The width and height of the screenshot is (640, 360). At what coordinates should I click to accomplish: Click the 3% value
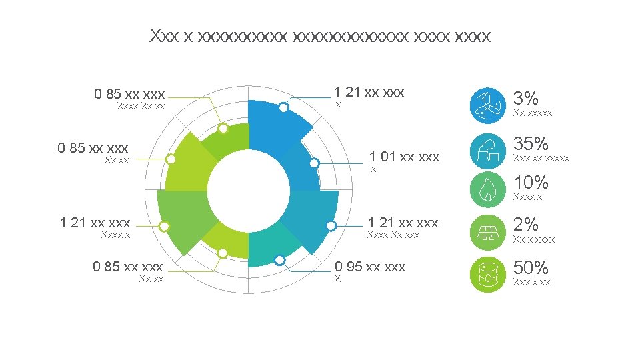click(x=525, y=99)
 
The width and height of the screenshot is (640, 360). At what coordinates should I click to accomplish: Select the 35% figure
click(x=531, y=143)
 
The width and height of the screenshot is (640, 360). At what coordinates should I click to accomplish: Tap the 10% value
click(x=531, y=182)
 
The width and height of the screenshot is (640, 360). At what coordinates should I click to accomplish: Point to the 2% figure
click(x=525, y=224)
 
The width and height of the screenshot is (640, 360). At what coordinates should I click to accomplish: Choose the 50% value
click(x=531, y=268)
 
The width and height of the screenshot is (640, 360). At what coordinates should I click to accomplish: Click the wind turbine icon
click(x=488, y=106)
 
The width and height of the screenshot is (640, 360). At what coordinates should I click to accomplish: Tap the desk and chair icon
click(x=488, y=151)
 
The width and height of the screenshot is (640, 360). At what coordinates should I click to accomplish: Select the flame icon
click(x=488, y=189)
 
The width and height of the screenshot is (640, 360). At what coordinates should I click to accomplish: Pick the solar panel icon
click(x=488, y=231)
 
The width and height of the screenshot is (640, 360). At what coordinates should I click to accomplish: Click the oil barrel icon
click(x=488, y=275)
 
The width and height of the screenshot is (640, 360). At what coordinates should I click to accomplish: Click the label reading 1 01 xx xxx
click(x=404, y=157)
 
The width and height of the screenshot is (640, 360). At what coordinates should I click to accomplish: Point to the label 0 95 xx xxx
click(x=370, y=267)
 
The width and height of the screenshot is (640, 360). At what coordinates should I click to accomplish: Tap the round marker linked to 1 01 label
click(x=314, y=163)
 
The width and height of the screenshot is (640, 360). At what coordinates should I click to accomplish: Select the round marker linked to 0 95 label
click(x=280, y=260)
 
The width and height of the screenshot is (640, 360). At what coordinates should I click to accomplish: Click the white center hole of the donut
click(x=248, y=190)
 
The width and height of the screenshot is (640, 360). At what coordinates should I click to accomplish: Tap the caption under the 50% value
click(x=532, y=283)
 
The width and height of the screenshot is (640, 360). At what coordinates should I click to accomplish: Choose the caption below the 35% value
click(x=541, y=159)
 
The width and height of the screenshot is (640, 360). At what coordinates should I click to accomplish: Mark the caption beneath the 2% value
click(x=533, y=239)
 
